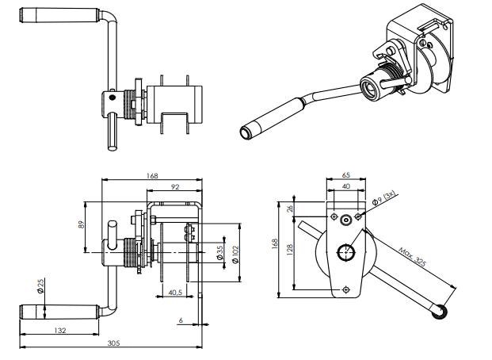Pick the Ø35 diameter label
coord(219,254)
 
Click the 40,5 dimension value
coord(176,292)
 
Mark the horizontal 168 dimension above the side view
coord(153,177)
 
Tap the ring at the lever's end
coord(440,314)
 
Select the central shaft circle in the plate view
coord(346,253)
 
